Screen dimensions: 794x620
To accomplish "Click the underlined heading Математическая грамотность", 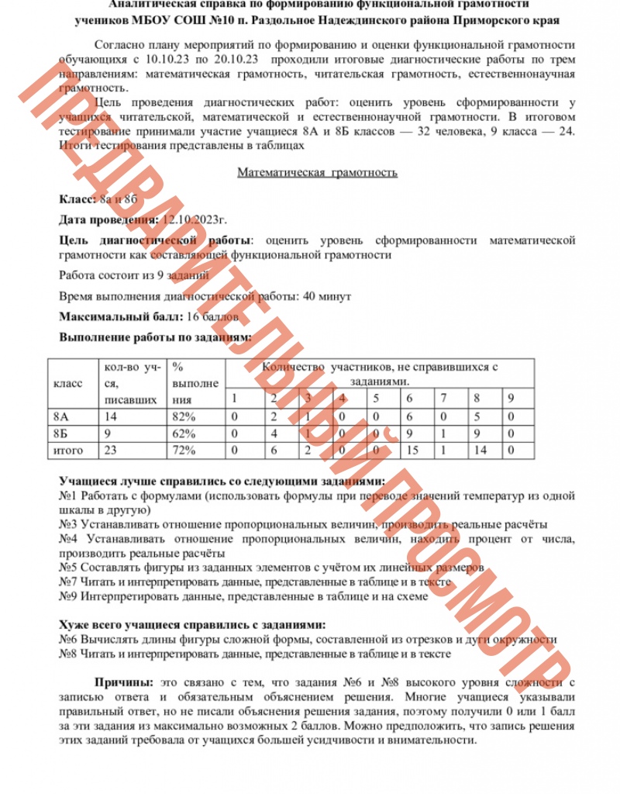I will [x=317, y=172].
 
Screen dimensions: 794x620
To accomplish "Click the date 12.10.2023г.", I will [x=194, y=219].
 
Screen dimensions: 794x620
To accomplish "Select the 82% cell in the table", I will [x=184, y=416].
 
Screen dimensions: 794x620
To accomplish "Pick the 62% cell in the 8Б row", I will [x=184, y=433].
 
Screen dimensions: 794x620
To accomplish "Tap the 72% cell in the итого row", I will [x=184, y=450].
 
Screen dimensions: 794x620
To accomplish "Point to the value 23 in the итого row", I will [x=110, y=450].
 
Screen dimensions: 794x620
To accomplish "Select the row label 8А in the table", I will [x=60, y=416].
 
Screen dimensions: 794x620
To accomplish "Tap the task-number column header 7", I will [x=443, y=399].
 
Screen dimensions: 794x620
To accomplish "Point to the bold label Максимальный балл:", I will [x=121, y=316].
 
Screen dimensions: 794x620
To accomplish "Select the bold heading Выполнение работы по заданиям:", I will [x=155, y=337].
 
